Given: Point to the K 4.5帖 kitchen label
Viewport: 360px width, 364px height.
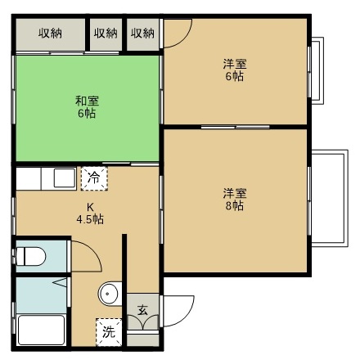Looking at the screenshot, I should (x=89, y=213).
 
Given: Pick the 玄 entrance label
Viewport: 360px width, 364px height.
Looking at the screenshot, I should (x=142, y=310).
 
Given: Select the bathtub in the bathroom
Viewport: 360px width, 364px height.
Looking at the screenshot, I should (x=41, y=330).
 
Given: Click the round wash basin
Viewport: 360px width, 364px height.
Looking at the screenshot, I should (x=109, y=294).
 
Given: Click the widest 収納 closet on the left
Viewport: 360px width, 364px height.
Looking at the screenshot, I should (x=50, y=34).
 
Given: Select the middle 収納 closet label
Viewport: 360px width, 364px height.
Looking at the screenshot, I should (x=105, y=34).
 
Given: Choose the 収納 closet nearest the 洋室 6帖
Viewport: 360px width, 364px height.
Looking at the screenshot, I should (x=142, y=34).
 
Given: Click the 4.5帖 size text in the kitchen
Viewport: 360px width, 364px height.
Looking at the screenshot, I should (x=89, y=219).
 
